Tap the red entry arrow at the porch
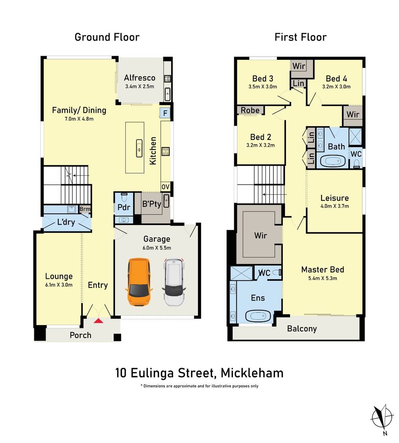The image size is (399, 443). (98, 320)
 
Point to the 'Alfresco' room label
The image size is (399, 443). (139, 78)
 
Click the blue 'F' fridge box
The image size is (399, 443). (165, 113)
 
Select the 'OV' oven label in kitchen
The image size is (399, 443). (165, 187)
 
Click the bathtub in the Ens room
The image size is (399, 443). (257, 317)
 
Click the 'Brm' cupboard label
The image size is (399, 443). (85, 209)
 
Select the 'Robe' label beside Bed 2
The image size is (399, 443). (250, 110)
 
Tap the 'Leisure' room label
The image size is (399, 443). (334, 198)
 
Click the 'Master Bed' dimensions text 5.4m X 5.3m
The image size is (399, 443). (322, 278)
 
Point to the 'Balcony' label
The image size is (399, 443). (302, 329)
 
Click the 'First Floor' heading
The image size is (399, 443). (300, 37)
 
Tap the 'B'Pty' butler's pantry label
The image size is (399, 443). (152, 204)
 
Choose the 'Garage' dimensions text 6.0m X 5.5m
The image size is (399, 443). (157, 247)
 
